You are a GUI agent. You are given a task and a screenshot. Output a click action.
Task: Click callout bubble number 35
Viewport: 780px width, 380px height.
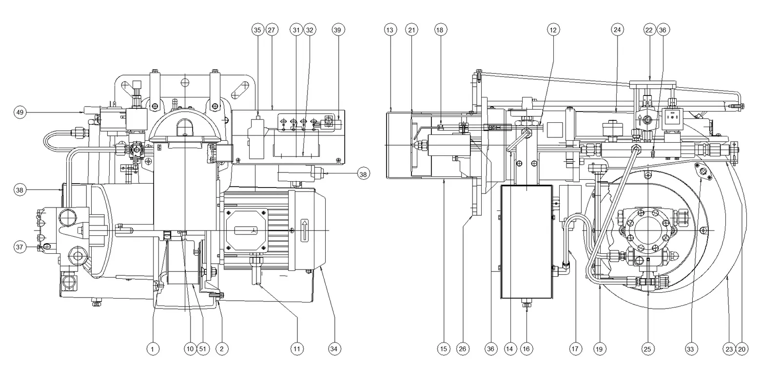257,30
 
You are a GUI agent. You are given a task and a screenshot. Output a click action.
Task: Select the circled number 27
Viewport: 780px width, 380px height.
271,30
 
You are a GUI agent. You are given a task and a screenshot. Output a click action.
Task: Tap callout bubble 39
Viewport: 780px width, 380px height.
337,30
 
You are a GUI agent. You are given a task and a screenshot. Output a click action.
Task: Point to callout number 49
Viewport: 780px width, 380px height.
20,113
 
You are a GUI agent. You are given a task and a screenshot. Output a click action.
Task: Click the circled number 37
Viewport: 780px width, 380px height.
19,247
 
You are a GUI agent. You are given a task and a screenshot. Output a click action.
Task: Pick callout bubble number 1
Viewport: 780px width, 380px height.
153,349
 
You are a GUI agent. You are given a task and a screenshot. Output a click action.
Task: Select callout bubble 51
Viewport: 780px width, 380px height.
203,349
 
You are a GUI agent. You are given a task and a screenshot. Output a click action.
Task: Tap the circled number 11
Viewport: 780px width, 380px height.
297,349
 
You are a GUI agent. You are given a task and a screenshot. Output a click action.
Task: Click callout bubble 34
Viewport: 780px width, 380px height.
334,349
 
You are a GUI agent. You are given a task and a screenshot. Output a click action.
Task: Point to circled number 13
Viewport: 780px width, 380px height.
390,30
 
